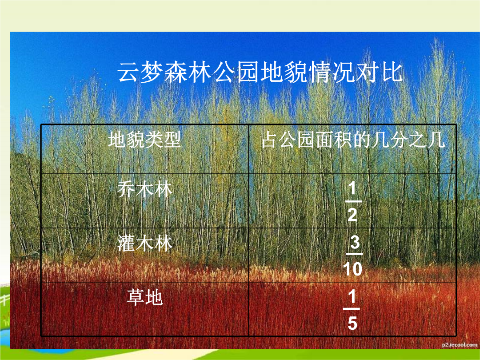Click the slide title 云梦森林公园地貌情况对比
click(260, 72)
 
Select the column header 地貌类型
click(144, 140)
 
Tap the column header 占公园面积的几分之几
click(353, 140)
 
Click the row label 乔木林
click(144, 189)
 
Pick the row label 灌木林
click(145, 244)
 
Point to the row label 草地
click(144, 297)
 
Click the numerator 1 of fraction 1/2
click(352, 188)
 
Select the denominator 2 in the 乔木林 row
click(352, 215)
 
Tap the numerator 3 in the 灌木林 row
click(355, 243)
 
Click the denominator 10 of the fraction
click(352, 269)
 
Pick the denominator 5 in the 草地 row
click(352, 323)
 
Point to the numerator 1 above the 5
click(352, 296)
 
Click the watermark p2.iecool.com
click(460, 345)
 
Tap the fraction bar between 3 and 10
click(354, 254)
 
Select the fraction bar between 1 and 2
click(354, 201)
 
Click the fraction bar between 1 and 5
click(352, 309)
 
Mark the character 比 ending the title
click(392, 72)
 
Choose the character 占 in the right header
click(269, 140)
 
